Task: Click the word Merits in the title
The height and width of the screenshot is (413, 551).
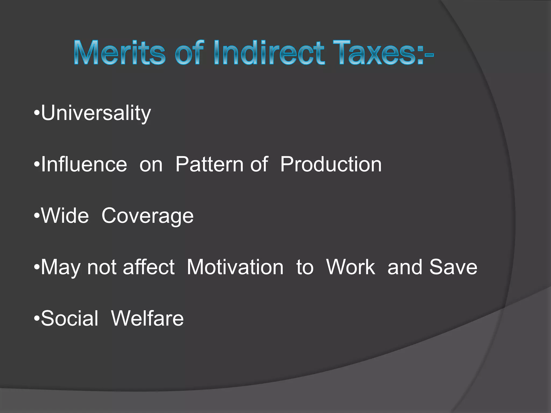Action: click(119, 53)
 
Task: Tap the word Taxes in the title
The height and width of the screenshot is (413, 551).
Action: click(378, 53)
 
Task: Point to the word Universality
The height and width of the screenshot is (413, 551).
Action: click(96, 113)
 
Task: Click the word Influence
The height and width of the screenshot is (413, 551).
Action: click(84, 164)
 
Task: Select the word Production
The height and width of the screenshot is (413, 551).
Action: click(331, 164)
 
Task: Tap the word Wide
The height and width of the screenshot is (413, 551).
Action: click(65, 216)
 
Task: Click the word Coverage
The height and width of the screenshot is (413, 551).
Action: click(147, 216)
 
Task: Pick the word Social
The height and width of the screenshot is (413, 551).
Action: click(70, 318)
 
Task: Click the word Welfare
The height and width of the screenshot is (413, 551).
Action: click(147, 318)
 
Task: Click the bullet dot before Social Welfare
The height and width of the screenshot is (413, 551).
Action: click(37, 318)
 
